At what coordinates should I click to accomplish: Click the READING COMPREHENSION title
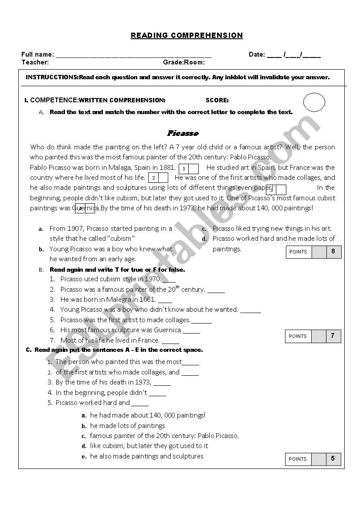[187, 36]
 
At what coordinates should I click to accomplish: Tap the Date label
[257, 54]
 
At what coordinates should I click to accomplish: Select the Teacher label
[35, 62]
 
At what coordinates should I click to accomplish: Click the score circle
[314, 102]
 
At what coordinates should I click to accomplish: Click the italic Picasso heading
[183, 133]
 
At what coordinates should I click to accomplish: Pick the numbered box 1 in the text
[184, 169]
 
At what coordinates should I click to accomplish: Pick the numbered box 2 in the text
[153, 178]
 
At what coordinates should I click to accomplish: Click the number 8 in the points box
[333, 251]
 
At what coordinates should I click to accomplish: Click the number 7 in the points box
[333, 336]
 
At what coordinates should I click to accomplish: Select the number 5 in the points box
[333, 458]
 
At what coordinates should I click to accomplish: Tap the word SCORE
[217, 100]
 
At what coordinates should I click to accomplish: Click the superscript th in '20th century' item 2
[177, 287]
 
